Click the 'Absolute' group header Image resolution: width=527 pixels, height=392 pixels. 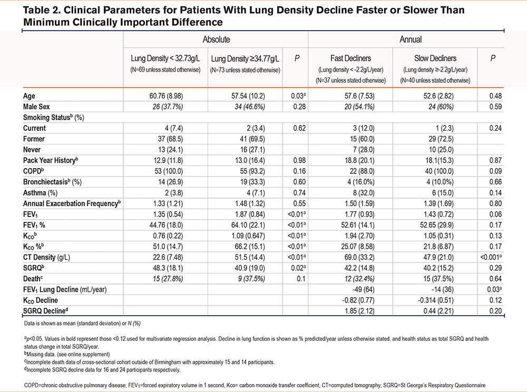coord(216,40)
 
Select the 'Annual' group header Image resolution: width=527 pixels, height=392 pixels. coord(411,40)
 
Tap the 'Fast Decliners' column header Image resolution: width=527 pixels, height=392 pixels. coord(350,58)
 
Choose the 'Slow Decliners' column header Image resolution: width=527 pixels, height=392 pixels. coord(435,58)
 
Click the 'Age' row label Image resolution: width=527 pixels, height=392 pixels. coord(29,96)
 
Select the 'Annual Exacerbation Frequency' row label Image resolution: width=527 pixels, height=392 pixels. coord(72,203)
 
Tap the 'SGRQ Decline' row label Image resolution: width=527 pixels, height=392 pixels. coord(45,311)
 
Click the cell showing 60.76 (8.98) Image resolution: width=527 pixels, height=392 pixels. coord(166,96)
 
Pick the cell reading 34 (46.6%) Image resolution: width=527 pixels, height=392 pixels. coord(250,107)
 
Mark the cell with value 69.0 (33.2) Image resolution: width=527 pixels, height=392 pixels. coord(359,257)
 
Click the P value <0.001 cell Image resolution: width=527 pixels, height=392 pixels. coord(491,257)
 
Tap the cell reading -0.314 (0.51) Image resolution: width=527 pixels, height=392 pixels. coord(436,300)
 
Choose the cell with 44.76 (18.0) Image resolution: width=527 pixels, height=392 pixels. coord(166,225)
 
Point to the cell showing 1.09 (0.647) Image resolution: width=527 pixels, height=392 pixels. coord(248,236)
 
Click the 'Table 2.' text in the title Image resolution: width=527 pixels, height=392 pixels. coord(42,10)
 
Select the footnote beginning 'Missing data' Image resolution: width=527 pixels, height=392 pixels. coord(67,355)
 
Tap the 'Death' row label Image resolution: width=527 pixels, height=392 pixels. coord(33,279)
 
